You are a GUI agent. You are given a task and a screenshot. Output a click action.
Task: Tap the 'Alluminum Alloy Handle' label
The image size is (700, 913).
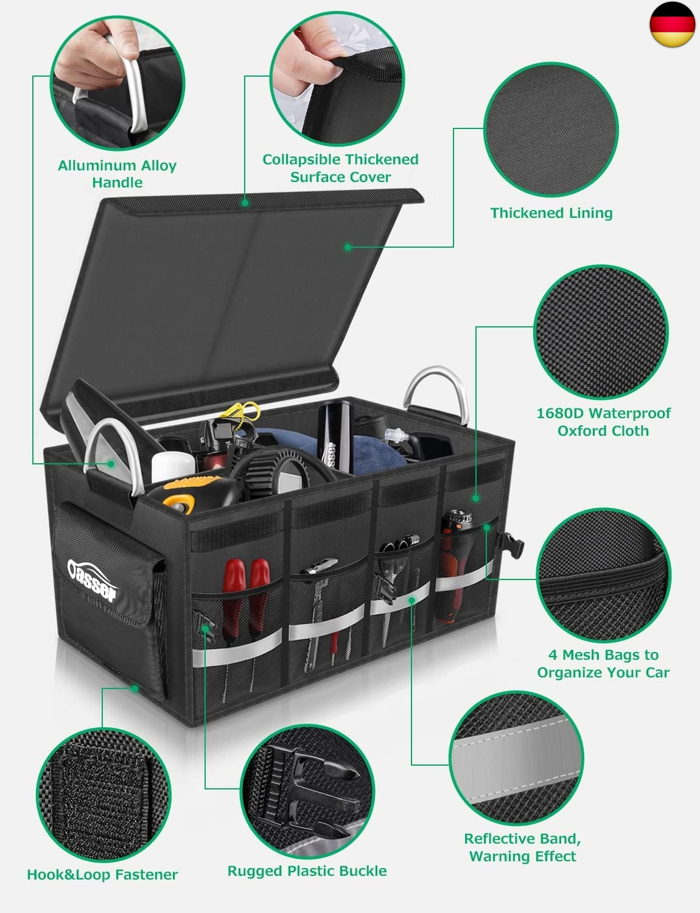click(x=117, y=174)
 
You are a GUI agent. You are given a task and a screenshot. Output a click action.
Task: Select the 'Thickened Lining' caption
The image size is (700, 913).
click(x=551, y=212)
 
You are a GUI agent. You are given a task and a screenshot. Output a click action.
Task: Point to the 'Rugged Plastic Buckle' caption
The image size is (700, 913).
click(x=307, y=870)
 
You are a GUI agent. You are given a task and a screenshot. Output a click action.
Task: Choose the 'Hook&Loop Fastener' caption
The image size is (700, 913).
click(x=102, y=874)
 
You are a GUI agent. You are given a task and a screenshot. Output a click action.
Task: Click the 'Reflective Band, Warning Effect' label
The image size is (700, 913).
click(x=523, y=847)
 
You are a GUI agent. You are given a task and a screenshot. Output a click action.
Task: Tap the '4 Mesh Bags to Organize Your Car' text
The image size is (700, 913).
click(x=603, y=663)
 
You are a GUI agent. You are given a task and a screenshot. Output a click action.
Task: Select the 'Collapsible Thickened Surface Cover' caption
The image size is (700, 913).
click(x=340, y=168)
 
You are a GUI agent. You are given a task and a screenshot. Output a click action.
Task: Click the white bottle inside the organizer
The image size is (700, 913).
click(x=172, y=467)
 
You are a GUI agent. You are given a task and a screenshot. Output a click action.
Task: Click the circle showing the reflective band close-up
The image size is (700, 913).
click(x=516, y=758)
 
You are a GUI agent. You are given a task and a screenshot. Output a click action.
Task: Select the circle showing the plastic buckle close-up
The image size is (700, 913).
click(x=307, y=791)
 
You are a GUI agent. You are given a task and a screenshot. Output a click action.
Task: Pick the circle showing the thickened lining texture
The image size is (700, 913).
click(x=551, y=130)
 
